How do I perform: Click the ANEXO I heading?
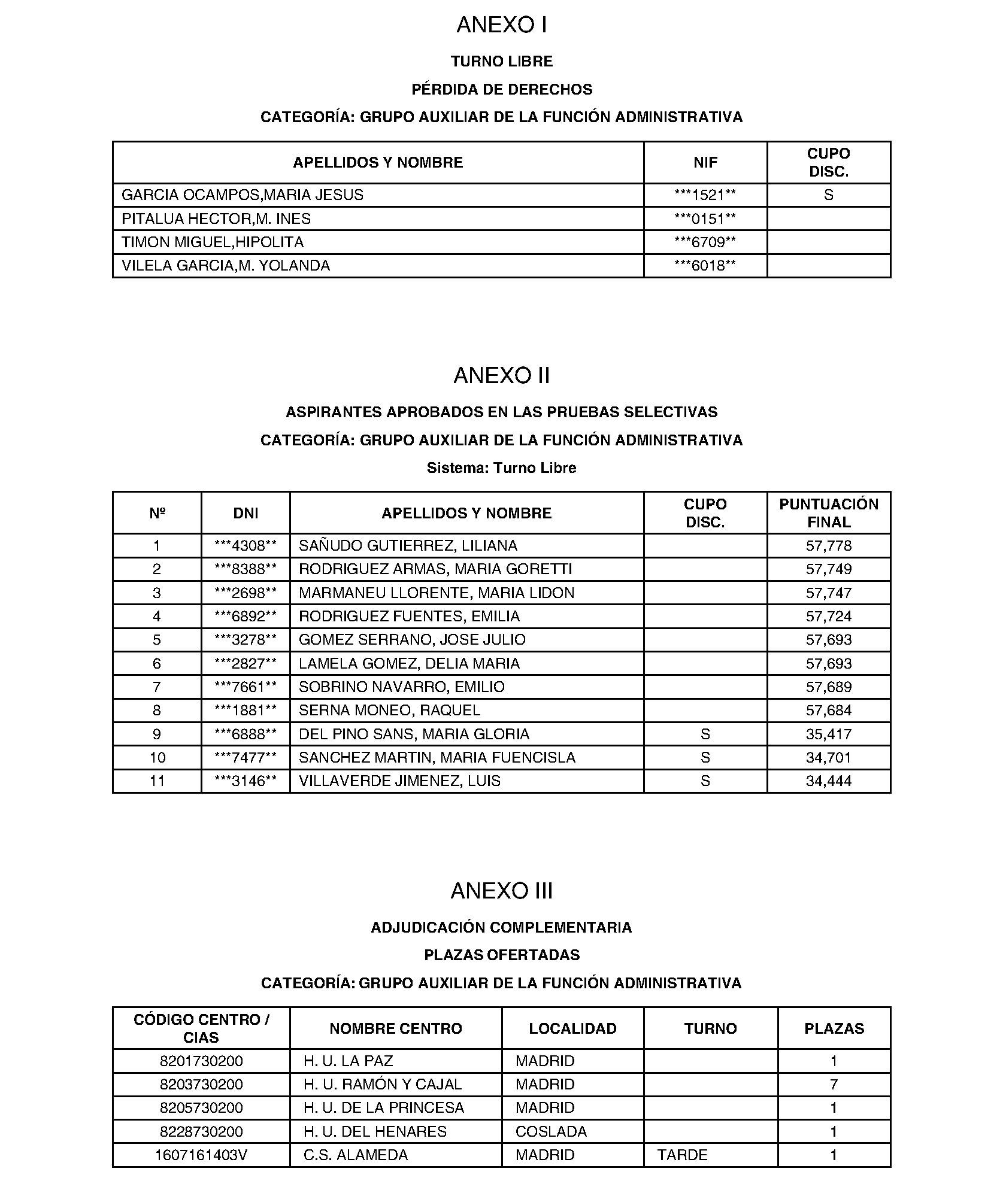point(502,25)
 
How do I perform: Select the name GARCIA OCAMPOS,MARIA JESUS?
point(243,195)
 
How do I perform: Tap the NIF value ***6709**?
point(705,242)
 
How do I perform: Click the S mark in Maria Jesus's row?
point(829,195)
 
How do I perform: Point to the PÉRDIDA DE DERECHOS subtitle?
point(502,89)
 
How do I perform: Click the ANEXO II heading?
point(502,376)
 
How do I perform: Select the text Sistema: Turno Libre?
point(502,468)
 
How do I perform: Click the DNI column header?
point(246,513)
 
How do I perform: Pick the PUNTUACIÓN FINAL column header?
point(829,513)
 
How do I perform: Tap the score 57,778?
point(829,546)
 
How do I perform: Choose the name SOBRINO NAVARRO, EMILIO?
point(402,687)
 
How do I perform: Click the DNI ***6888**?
point(246,734)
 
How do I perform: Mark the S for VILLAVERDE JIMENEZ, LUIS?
point(705,781)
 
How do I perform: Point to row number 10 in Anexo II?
point(157,758)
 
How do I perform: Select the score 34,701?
point(829,758)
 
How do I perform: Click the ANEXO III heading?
point(502,891)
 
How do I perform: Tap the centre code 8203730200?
point(201,1085)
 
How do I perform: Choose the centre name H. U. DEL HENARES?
point(375,1132)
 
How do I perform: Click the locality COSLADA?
point(551,1132)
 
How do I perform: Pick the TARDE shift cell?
point(682,1155)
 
